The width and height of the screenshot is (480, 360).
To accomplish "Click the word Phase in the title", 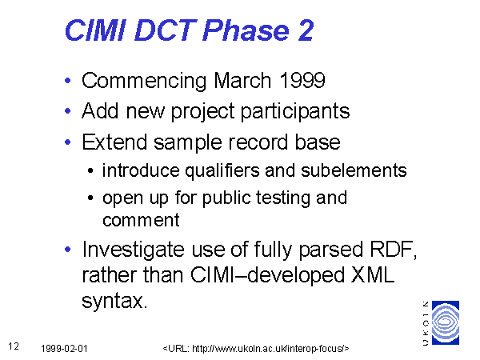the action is coord(246,30).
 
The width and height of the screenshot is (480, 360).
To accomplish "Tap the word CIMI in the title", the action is coord(95,30).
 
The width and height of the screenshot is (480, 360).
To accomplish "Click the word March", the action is coord(242,81).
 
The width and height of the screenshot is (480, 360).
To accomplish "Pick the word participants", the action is coord(295,111).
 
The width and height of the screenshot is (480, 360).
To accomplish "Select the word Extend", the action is coord(114,142).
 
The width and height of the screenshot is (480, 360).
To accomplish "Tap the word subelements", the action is coord(354,170).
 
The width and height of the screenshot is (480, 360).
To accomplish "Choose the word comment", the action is coord(141,220).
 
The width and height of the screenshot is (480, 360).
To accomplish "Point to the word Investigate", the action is coord(133,250).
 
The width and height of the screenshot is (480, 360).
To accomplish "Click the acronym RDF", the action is coord(394,250).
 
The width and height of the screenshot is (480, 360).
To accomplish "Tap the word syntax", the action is coord(114,302).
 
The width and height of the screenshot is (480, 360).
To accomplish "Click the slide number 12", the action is coord(14,346).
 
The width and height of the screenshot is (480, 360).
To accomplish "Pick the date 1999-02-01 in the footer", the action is coord(64,349).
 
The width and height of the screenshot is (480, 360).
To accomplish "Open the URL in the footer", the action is coord(256,349).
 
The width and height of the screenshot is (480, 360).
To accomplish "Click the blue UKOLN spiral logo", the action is coord(446,322).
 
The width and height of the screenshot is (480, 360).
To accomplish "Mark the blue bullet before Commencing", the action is coord(68,81).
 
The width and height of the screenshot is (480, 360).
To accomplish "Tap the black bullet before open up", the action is coord(90,198).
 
